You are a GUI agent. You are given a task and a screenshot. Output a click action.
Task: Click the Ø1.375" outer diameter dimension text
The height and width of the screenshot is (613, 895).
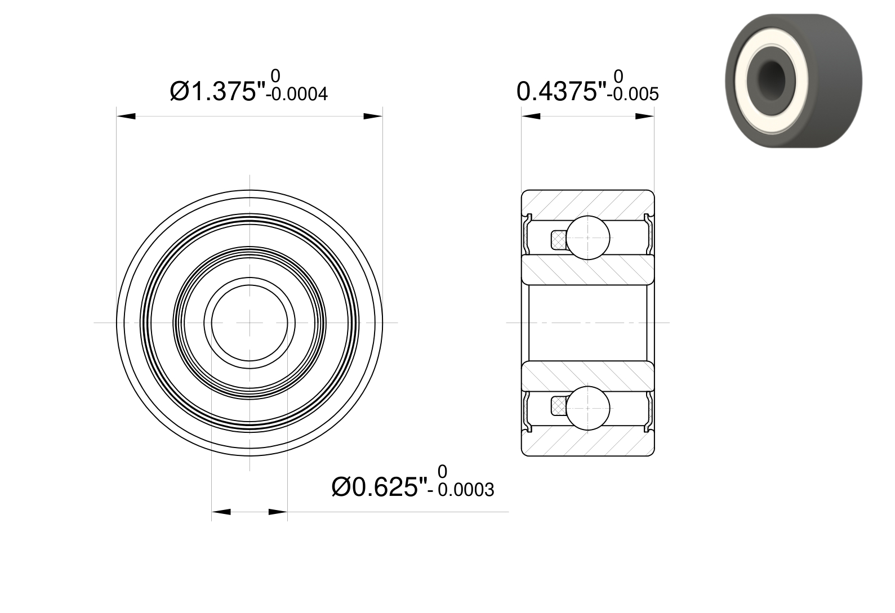(x=218, y=91)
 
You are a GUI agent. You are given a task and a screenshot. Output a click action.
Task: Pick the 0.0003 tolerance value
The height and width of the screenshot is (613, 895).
(x=466, y=490)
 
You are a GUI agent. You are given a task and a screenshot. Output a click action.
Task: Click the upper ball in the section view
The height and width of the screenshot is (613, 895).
(x=587, y=238)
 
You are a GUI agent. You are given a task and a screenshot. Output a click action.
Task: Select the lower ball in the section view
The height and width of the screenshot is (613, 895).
(x=587, y=408)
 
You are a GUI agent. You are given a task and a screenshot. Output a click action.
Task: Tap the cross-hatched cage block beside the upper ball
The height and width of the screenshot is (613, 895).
(x=559, y=240)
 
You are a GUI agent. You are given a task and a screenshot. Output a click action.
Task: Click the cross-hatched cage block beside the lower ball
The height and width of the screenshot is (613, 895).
(x=559, y=406)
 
